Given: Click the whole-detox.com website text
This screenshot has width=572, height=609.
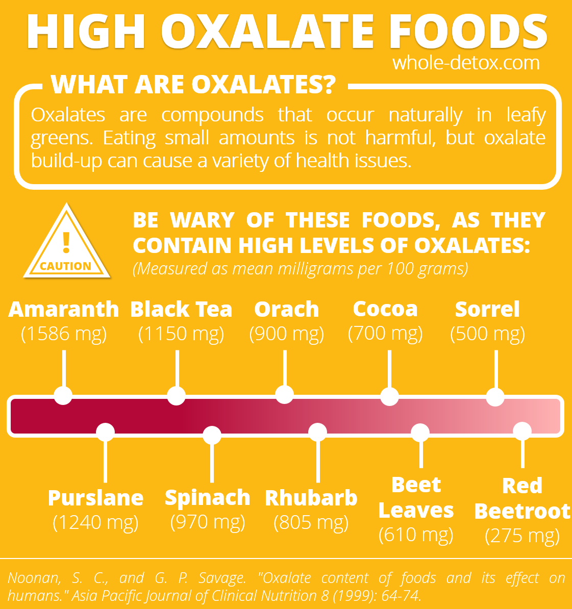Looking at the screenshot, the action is pos(466,63).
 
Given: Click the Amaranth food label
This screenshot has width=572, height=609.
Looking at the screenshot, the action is pos(64,309).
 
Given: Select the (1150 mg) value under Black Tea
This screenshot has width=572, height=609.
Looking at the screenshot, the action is pos(181,334).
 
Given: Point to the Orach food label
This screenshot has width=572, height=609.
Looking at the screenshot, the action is pos(287,309).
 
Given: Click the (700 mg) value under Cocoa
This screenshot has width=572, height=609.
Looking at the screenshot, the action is pos(385,333).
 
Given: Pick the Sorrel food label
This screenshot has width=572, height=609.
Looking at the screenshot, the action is pos(487,309).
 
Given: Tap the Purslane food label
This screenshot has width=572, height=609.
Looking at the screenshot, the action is pos(95,498).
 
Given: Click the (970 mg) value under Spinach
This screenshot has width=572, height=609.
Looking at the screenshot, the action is pos(208,522).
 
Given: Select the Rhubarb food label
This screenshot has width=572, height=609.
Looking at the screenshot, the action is pos(311,498).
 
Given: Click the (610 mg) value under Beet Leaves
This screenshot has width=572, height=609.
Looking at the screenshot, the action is pos(416,535).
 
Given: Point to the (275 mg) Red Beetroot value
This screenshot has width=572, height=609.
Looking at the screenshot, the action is pos(523,536).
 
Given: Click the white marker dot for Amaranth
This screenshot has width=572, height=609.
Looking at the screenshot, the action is pos(63,396).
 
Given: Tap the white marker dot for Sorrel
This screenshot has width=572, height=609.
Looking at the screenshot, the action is pos(495,397).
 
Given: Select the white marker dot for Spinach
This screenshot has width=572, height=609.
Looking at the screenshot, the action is pos(212,435).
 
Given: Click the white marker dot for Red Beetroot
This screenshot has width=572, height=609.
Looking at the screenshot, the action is pos(523,431).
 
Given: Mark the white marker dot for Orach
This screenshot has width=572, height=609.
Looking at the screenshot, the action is pos(284,395).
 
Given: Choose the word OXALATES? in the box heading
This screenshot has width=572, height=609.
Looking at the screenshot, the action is pos(264,84).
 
